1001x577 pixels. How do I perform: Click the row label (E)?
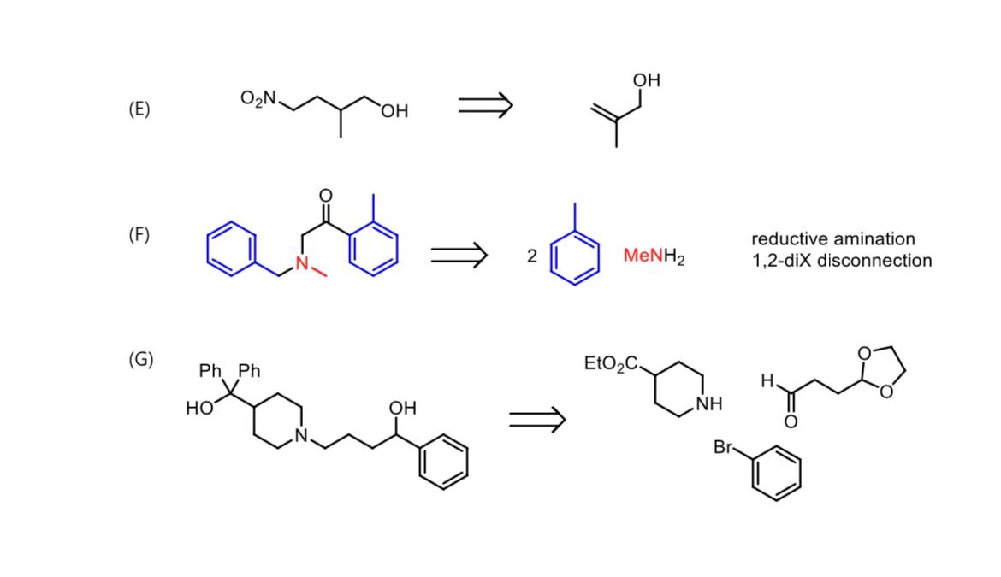click(139, 109)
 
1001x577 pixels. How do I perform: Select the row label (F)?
click(139, 234)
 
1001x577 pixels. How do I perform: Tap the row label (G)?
click(140, 359)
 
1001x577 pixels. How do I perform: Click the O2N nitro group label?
click(258, 98)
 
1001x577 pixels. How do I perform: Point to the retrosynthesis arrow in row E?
click(485, 105)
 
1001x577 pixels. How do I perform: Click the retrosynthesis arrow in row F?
click(459, 254)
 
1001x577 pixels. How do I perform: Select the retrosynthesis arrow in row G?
click(537, 419)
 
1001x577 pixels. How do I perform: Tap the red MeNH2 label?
click(654, 256)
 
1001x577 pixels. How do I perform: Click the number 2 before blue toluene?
click(531, 256)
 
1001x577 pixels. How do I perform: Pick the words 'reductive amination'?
click(832, 238)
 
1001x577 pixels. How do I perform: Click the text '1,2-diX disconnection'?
click(842, 261)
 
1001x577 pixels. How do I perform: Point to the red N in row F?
click(302, 263)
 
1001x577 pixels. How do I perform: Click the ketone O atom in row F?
click(325, 196)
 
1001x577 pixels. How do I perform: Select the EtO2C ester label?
click(611, 363)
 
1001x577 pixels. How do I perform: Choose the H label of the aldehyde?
click(768, 381)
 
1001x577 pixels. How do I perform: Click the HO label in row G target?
click(198, 409)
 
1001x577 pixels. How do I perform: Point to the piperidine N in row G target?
click(301, 435)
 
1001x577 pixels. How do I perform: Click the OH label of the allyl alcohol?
click(647, 80)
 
